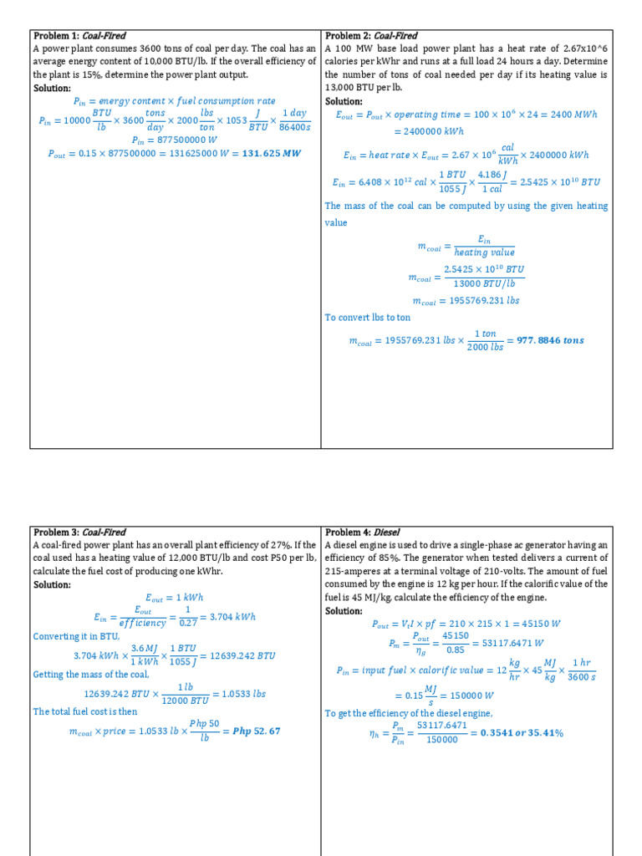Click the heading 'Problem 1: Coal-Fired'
point(79,36)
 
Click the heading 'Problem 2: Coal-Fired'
point(371,36)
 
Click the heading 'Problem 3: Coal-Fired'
point(79,532)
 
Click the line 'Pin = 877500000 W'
point(174,140)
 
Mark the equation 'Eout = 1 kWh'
point(174,597)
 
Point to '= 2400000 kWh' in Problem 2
point(430,131)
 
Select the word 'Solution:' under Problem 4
point(344,611)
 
